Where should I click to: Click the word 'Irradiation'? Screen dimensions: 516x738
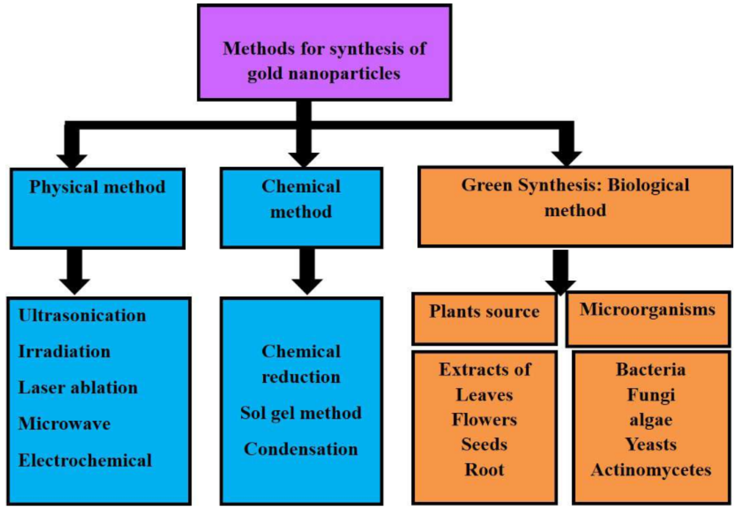pyautogui.click(x=64, y=351)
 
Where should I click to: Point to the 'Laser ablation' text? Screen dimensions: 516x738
pyautogui.click(x=78, y=388)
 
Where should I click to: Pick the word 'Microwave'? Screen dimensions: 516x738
pyautogui.click(x=64, y=424)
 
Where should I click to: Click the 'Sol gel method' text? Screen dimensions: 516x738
pyautogui.click(x=301, y=413)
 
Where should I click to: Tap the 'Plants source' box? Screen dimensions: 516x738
pyautogui.click(x=484, y=319)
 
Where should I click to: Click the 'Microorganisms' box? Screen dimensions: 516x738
pyautogui.click(x=647, y=319)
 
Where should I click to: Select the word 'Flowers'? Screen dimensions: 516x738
pyautogui.click(x=484, y=420)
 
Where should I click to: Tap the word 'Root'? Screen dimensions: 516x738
pyautogui.click(x=484, y=470)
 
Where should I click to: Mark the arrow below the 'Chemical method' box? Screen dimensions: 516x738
pyautogui.click(x=307, y=273)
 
